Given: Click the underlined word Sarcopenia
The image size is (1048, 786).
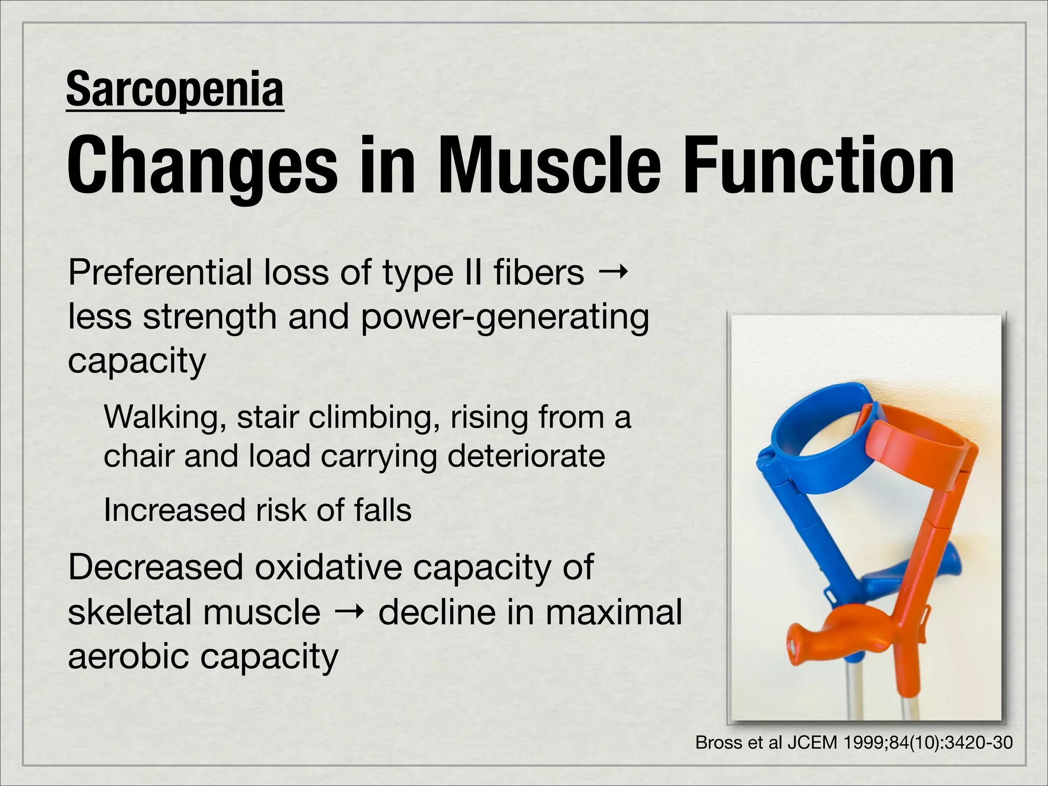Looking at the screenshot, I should coord(174,90).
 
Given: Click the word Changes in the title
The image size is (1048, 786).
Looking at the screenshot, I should coord(202,166).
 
